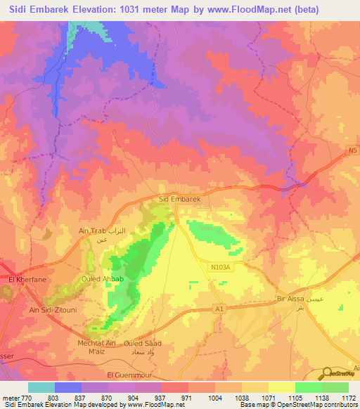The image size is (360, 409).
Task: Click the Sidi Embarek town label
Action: pyautogui.click(x=181, y=200)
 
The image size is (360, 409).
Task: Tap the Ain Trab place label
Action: pyautogui.click(x=91, y=231)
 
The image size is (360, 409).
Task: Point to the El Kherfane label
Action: pyautogui.click(x=26, y=280)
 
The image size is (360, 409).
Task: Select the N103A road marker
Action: pyautogui.click(x=222, y=265)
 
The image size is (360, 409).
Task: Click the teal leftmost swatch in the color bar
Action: pyautogui.click(x=41, y=387)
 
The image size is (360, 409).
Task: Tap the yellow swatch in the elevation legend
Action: pyautogui.click(x=282, y=387)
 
